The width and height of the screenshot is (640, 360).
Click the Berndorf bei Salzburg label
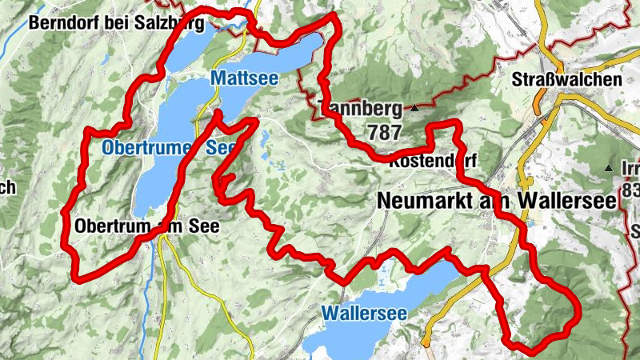coord(116,22)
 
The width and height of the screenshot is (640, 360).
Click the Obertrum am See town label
coord(146,226)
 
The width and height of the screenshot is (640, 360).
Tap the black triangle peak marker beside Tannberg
coord(415,107)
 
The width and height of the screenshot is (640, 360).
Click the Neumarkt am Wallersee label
coord(496,202)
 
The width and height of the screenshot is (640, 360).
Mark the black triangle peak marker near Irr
coord(610,168)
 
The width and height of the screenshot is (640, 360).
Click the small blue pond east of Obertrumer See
coord(264,139)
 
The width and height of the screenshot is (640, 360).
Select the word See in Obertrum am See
coord(203,226)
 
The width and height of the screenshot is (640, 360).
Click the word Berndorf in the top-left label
coord(63,22)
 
